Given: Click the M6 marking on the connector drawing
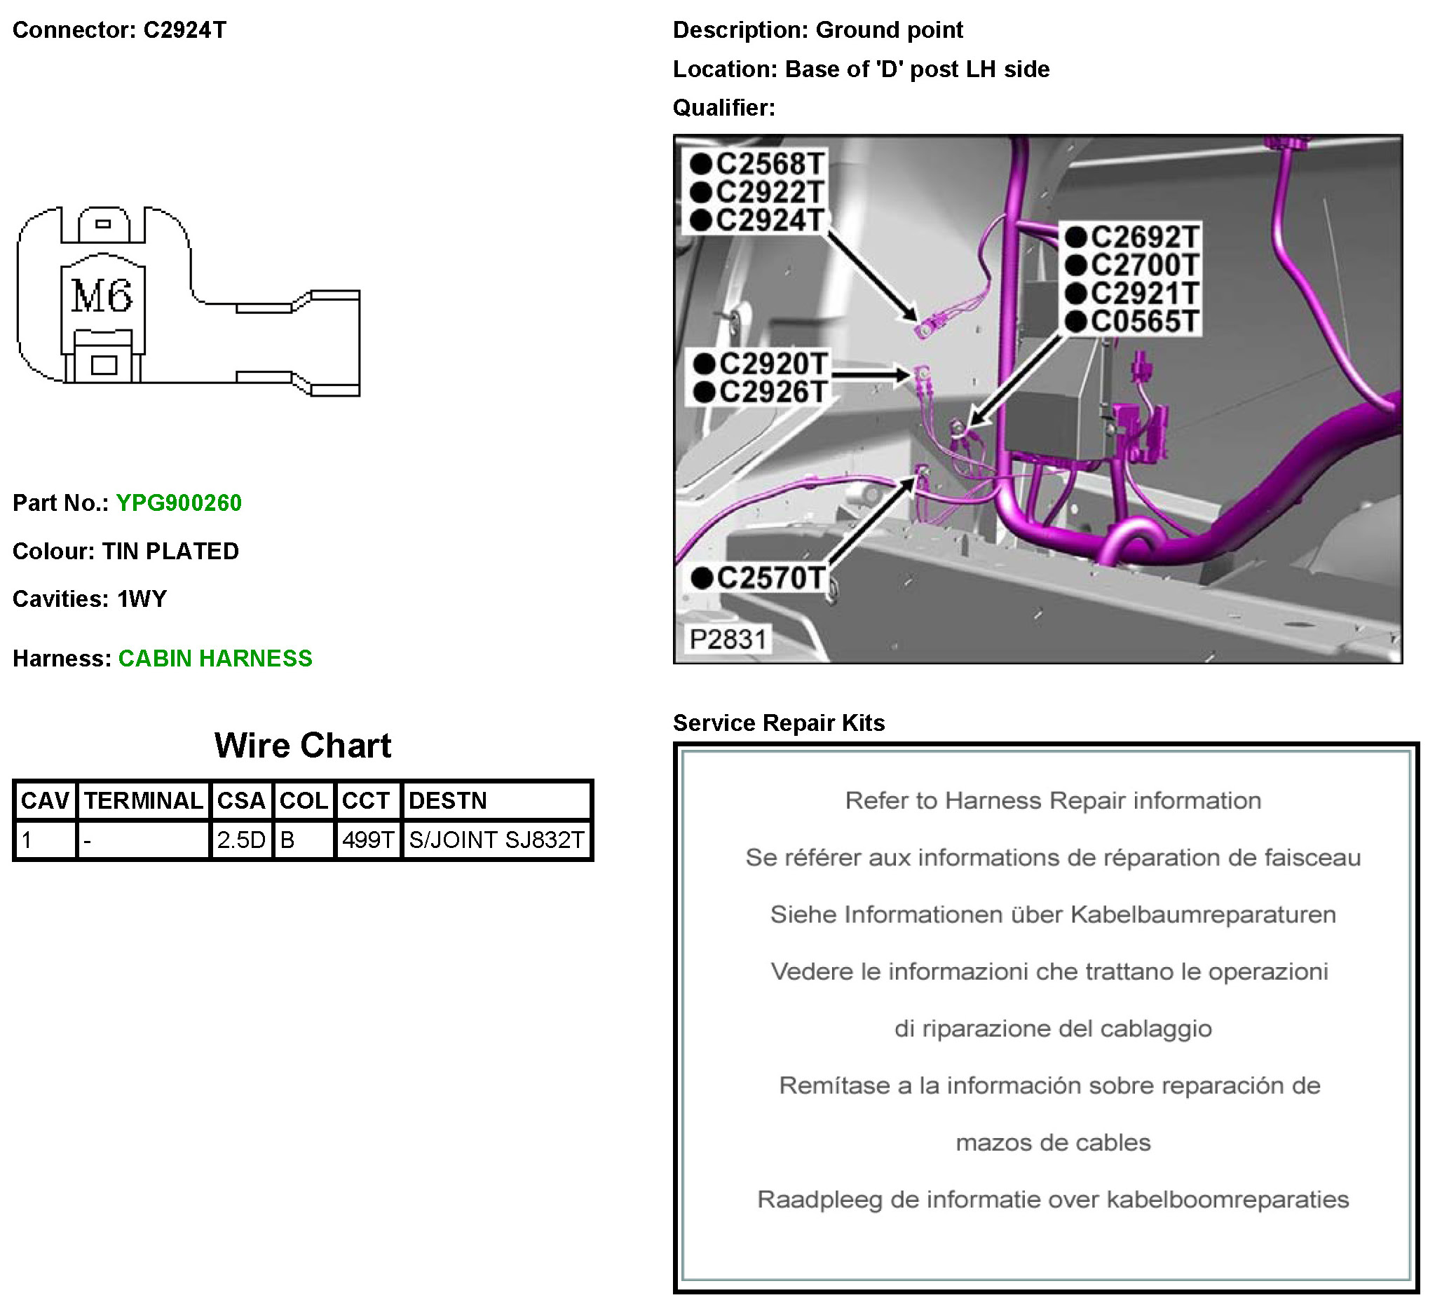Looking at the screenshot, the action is point(102,296).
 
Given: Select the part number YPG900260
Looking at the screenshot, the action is point(179,503).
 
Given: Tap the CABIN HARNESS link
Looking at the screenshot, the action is point(215,659).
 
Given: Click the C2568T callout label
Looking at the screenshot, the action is point(770,165).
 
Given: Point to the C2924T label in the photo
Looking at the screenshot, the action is point(770,220).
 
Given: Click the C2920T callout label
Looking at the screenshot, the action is point(773,364).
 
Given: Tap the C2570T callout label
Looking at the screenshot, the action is point(771,578).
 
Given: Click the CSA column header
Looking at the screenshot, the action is point(241,801).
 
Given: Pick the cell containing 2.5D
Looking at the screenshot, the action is point(241,840).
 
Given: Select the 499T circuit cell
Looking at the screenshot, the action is point(367,840).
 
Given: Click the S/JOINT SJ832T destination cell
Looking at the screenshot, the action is point(496,840).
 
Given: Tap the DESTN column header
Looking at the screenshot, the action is point(448,801).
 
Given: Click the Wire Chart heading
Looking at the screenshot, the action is point(303,746).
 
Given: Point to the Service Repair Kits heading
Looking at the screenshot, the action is point(779,723).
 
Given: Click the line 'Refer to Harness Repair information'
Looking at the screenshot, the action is point(1053,801).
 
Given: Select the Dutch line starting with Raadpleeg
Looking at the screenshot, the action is point(1053,1200).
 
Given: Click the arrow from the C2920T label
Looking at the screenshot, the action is point(870,374).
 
